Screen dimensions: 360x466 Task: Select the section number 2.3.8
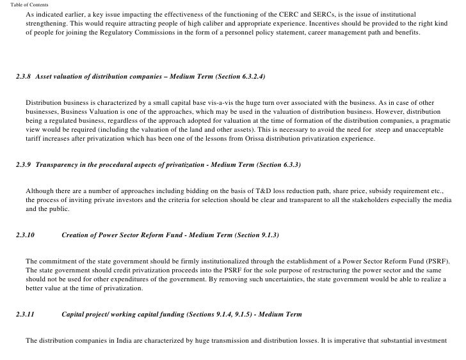(24, 77)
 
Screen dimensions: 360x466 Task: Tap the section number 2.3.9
(24, 164)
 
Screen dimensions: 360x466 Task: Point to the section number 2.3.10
(26, 235)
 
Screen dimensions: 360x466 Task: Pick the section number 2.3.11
(26, 315)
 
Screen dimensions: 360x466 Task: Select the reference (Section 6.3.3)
(278, 164)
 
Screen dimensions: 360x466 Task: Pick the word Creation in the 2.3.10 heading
(77, 235)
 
